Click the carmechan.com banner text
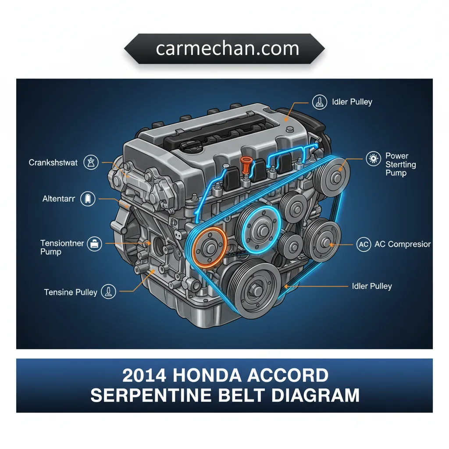click(x=228, y=48)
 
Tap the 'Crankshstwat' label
click(x=53, y=163)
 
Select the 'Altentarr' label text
click(x=59, y=199)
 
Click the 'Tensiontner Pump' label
click(x=62, y=247)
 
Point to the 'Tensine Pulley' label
click(x=71, y=292)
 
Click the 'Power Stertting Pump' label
click(x=400, y=164)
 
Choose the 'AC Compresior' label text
click(x=403, y=244)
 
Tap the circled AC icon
click(x=363, y=244)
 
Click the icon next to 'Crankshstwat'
click(x=91, y=162)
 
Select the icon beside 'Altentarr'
click(x=88, y=199)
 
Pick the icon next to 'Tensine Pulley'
click(x=109, y=292)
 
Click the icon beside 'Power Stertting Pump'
click(x=374, y=158)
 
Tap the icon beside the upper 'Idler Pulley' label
click(x=320, y=102)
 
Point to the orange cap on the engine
click(x=245, y=165)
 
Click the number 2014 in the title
click(x=144, y=375)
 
